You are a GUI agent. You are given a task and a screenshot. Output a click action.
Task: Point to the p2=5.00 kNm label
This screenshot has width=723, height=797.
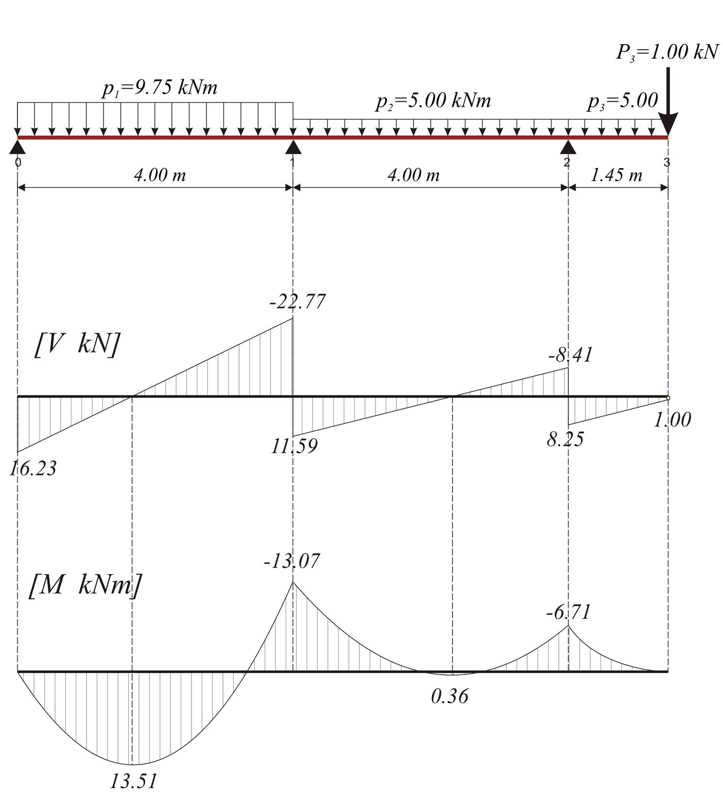(x=433, y=102)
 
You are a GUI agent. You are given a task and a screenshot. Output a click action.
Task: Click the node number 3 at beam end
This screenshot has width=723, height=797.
(x=667, y=162)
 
